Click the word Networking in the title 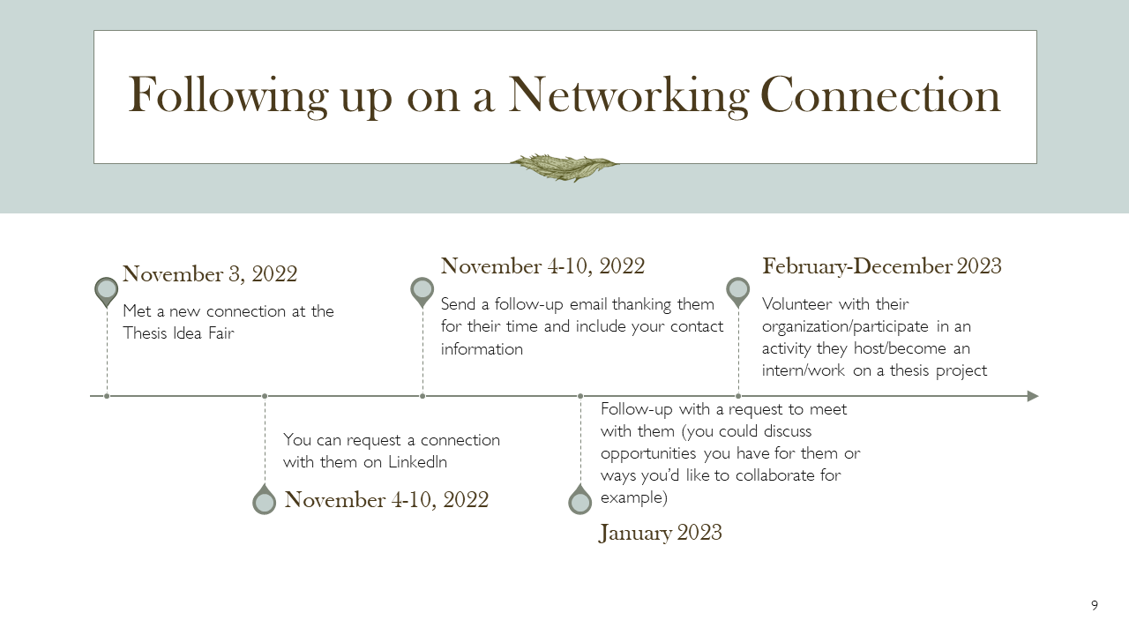click(x=628, y=96)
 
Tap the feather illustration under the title click(x=564, y=168)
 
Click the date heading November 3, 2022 click(x=210, y=274)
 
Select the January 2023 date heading click(x=661, y=533)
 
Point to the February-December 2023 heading click(x=881, y=266)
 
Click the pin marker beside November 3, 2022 click(x=107, y=292)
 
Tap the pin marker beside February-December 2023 click(x=738, y=292)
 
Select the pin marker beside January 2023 click(x=580, y=499)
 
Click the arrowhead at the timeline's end click(x=1033, y=396)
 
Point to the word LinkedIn click(x=417, y=462)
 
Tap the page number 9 click(x=1095, y=605)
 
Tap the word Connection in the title click(x=880, y=96)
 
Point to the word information click(x=482, y=348)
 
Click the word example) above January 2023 click(x=634, y=498)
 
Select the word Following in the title click(x=228, y=96)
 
